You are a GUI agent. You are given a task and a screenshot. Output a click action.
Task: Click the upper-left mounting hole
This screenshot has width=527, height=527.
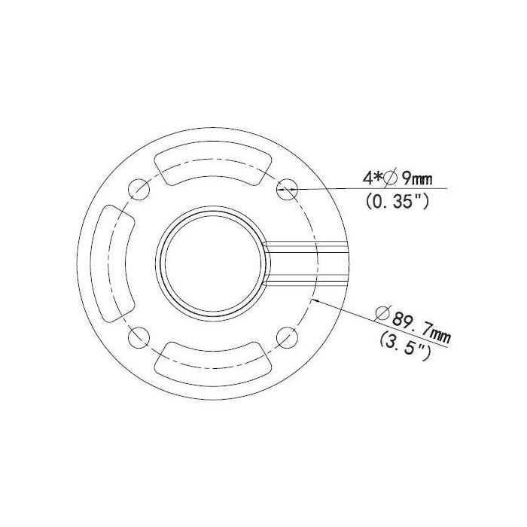pyautogui.click(x=138, y=187)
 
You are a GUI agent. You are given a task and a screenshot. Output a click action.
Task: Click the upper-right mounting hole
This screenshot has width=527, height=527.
pyautogui.click(x=287, y=187)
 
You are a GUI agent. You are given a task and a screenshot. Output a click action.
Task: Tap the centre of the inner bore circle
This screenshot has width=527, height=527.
pyautogui.click(x=213, y=261)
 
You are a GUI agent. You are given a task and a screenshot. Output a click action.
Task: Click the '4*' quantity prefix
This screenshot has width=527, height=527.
pyautogui.click(x=371, y=178)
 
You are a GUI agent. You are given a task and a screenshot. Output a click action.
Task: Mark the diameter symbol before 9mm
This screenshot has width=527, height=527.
pyautogui.click(x=389, y=178)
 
